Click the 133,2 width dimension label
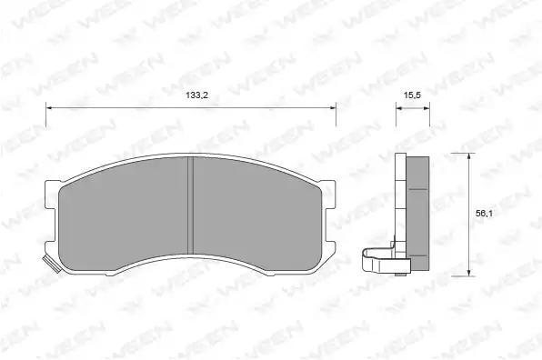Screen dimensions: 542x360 pos(196,95)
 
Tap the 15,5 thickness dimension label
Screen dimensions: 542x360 pos(412,95)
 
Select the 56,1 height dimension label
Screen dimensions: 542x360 pos(484,214)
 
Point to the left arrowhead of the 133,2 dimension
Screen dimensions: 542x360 pos(49,108)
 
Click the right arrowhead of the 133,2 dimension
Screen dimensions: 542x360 pos(333,108)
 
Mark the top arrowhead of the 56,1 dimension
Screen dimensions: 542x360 pos(468,155)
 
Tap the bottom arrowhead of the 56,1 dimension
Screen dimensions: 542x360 pos(468,273)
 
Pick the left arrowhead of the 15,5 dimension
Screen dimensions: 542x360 pos(399,108)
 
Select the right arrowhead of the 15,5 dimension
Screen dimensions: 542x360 pos(427,108)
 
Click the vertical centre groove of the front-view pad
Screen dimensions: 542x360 pos(190,206)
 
